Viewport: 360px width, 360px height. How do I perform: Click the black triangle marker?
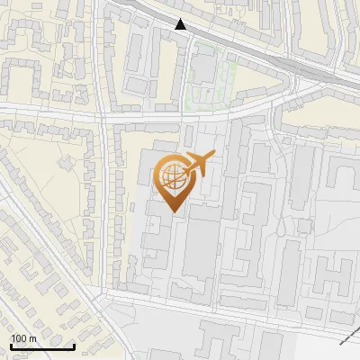[x=181, y=25]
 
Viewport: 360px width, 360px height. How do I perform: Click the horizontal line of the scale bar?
[x=42, y=346]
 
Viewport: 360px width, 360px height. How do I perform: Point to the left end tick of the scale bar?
[x=11, y=345]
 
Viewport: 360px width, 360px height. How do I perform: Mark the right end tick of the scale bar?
[x=75, y=345]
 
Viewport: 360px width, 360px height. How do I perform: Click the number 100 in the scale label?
[x=20, y=338]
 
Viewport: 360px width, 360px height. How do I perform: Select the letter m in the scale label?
[x=32, y=338]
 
